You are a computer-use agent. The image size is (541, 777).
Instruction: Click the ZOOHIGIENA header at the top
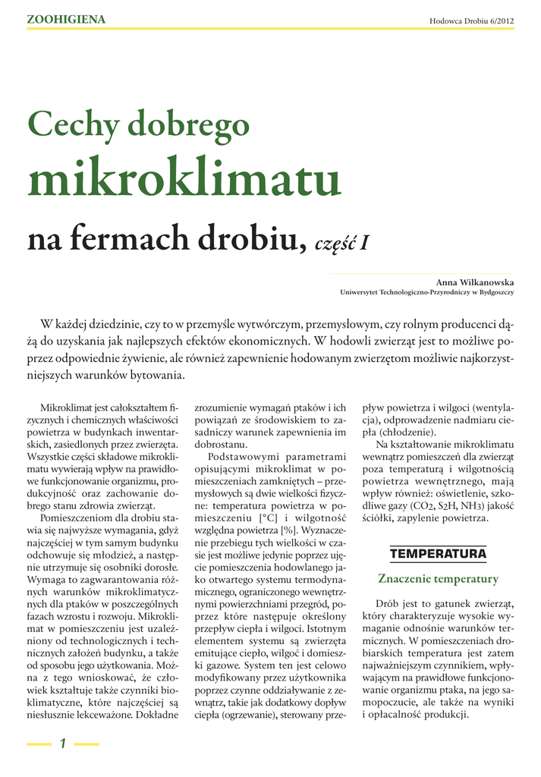point(66,20)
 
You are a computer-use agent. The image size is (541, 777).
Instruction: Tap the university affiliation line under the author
point(427,292)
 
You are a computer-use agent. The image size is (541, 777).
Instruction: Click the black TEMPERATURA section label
point(438,554)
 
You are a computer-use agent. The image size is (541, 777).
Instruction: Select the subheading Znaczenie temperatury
point(438,580)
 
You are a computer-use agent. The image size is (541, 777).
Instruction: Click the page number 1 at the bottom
point(64,744)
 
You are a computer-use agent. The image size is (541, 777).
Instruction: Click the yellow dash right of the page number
point(86,744)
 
